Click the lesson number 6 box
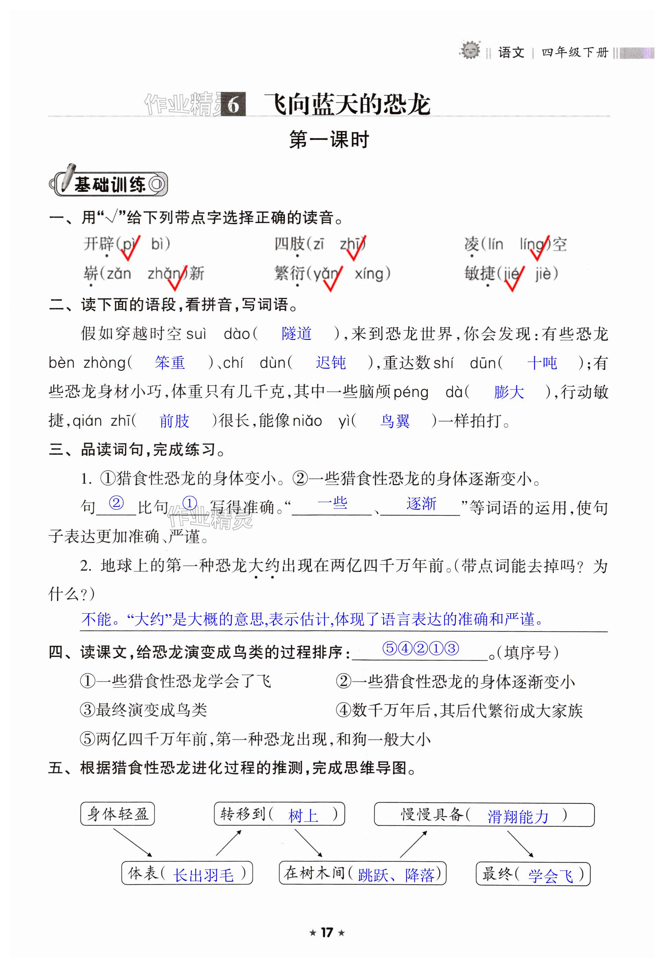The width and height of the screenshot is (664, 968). tap(233, 104)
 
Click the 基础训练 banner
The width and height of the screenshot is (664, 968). tap(109, 184)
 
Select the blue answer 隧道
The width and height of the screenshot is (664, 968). tap(297, 334)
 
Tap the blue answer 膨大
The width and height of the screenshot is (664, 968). tap(508, 392)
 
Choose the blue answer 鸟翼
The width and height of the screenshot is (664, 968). tap(395, 421)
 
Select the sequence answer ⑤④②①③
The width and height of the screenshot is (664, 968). tap(421, 649)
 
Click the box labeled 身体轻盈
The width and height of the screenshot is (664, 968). tap(117, 814)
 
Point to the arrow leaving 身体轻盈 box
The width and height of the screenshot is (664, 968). tap(133, 843)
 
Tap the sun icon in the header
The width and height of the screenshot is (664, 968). tap(470, 50)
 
